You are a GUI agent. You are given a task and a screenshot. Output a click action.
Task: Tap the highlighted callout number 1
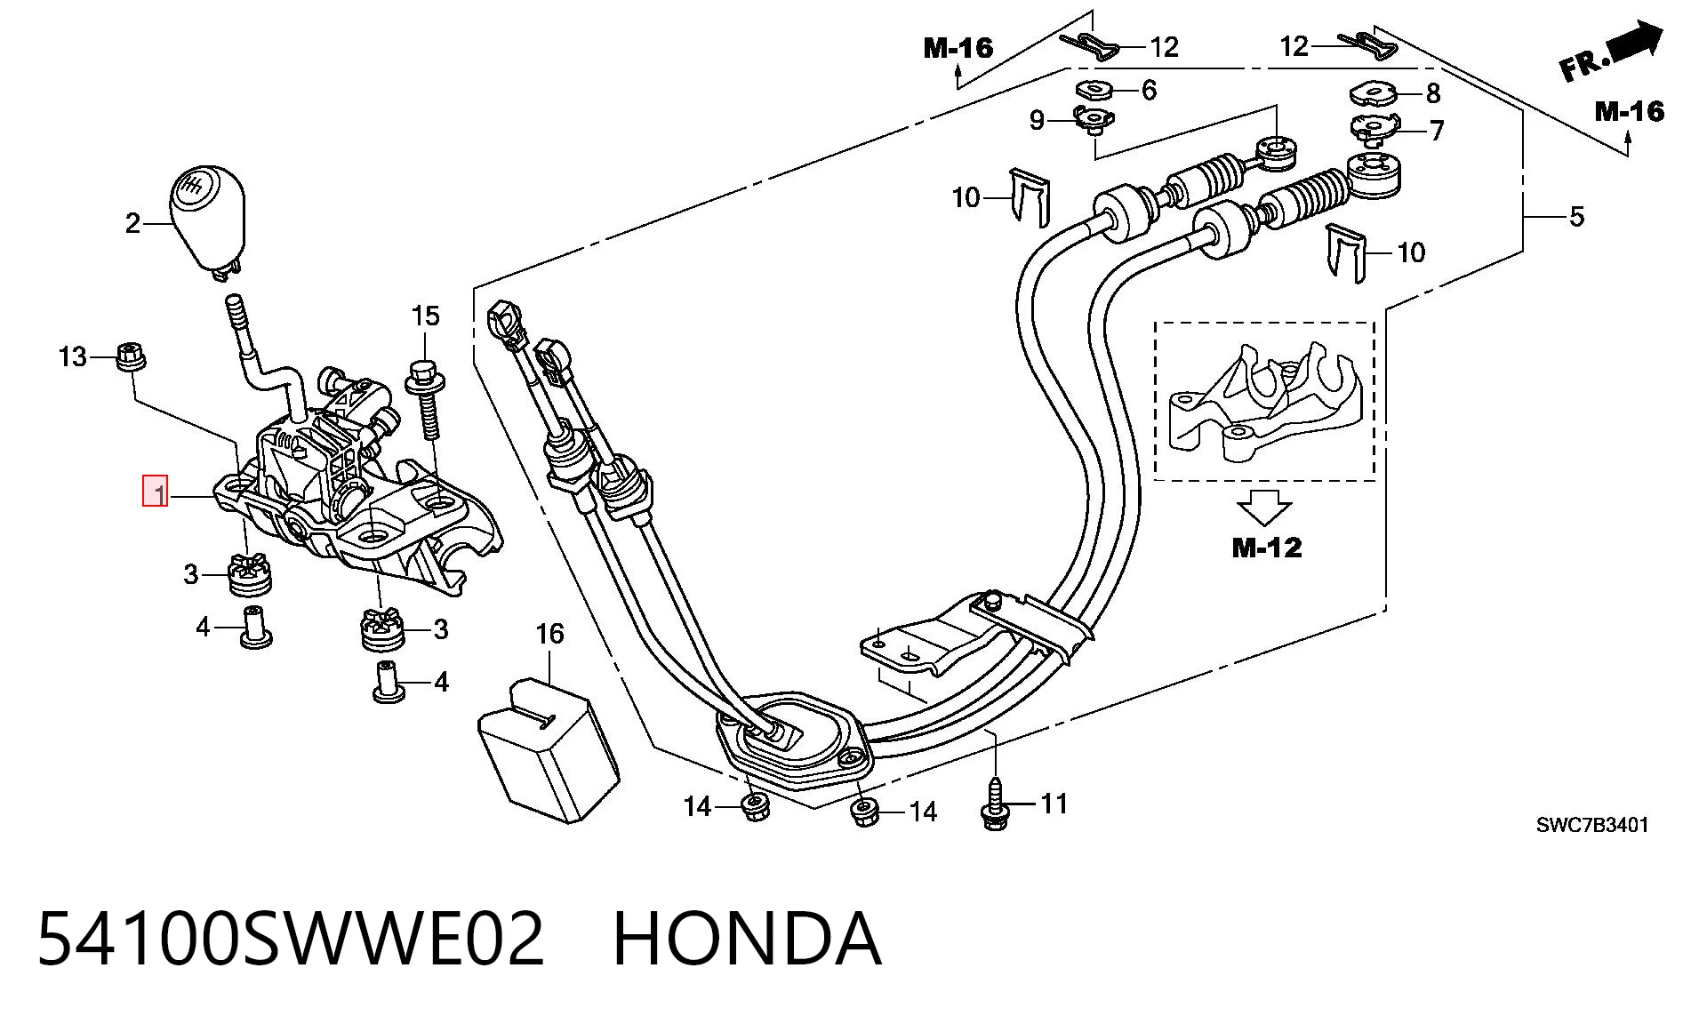156,492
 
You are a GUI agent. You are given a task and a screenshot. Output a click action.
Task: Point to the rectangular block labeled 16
549,749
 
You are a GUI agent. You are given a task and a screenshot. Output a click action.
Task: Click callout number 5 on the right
1576,217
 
